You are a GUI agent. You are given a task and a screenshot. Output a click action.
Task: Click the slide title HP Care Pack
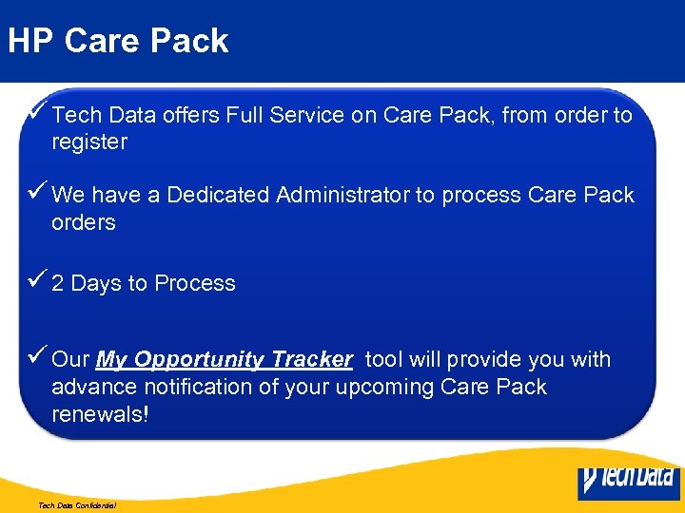point(118,41)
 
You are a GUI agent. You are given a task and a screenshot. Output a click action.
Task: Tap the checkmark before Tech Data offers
point(38,113)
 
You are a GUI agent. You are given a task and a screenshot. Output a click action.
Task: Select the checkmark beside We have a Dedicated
point(38,193)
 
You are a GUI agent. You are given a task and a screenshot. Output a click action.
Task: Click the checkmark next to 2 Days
point(38,281)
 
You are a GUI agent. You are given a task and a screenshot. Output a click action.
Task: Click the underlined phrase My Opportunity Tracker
point(225,360)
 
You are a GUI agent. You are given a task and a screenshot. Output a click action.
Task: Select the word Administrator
point(342,195)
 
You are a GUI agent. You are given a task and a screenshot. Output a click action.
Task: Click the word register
point(89,142)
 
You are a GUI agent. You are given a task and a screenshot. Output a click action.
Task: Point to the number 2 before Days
point(58,283)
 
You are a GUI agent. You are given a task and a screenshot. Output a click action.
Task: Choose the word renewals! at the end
point(100,415)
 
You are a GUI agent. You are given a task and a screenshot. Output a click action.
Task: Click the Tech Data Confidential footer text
point(77,505)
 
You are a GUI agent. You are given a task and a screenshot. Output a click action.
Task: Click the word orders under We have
point(84,222)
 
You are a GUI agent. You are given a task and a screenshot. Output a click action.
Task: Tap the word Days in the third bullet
point(96,283)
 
